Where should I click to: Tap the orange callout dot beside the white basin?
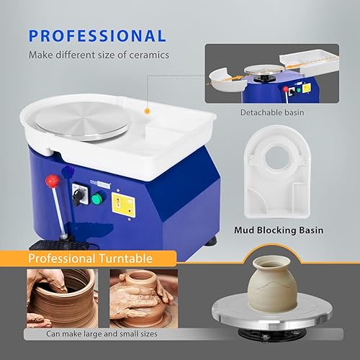pos(148,112)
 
